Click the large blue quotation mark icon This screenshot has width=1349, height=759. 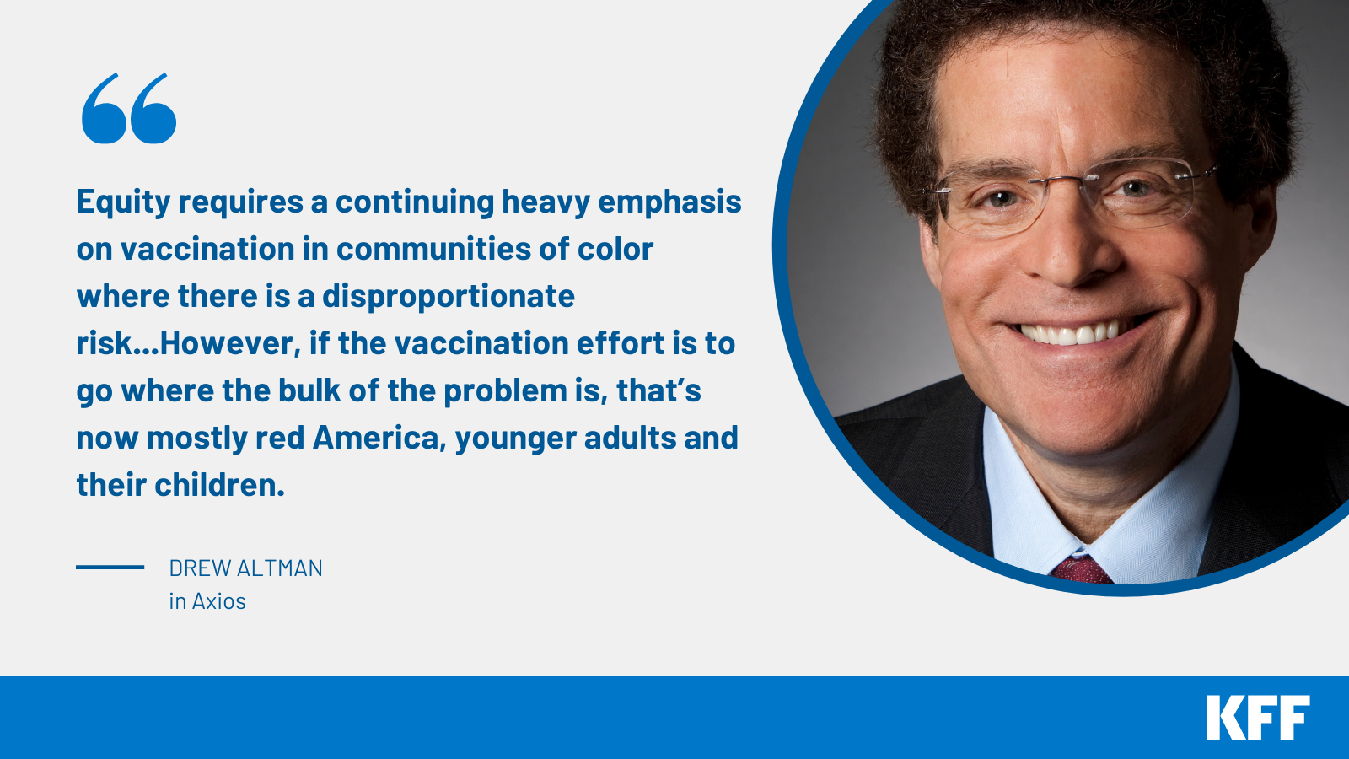tap(129, 109)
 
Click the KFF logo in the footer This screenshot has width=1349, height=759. tap(1257, 718)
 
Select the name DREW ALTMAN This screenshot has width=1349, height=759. tap(245, 568)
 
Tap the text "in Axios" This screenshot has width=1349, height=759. tap(207, 601)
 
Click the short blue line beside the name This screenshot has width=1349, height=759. tap(110, 567)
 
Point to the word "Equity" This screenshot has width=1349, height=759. tap(123, 202)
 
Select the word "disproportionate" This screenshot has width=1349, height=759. tap(448, 297)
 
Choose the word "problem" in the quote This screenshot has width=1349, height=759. tap(505, 391)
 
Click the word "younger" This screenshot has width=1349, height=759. tap(515, 439)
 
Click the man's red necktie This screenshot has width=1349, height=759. tap(1082, 571)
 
